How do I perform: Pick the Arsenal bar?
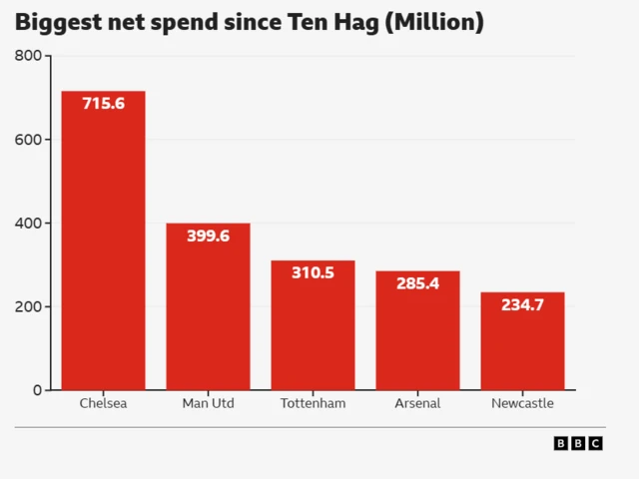click(417, 339)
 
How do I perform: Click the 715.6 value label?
click(103, 103)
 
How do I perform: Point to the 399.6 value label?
click(208, 236)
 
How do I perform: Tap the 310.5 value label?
click(313, 272)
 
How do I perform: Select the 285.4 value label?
click(417, 283)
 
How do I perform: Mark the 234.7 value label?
click(522, 304)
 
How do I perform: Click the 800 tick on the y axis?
click(28, 56)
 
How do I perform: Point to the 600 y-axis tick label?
click(28, 140)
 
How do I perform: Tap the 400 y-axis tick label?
click(28, 223)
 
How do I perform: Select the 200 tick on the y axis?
click(28, 306)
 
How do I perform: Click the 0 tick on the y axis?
click(37, 390)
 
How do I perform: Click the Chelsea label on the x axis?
click(103, 404)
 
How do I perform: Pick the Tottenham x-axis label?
click(313, 404)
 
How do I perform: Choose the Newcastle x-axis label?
click(522, 404)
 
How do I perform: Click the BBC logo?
click(578, 443)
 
